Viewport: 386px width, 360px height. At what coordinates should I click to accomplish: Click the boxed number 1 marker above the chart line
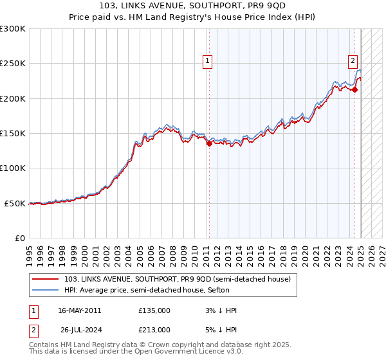click(x=208, y=62)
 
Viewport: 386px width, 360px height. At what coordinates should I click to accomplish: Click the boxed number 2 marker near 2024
click(x=353, y=62)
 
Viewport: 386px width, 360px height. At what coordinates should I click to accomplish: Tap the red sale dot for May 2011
click(x=209, y=144)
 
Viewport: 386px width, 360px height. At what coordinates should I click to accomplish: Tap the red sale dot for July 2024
click(x=354, y=90)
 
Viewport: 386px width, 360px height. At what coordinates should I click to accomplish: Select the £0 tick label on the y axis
click(x=21, y=238)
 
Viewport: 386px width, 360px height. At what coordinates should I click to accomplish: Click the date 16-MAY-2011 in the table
click(x=80, y=310)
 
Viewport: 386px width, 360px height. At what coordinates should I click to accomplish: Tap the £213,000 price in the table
click(x=154, y=330)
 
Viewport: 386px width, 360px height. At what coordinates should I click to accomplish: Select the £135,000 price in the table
click(x=154, y=310)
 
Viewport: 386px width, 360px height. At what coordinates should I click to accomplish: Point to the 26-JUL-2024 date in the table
click(x=81, y=330)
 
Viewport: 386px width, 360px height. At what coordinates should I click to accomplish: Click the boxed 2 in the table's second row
click(x=34, y=330)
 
